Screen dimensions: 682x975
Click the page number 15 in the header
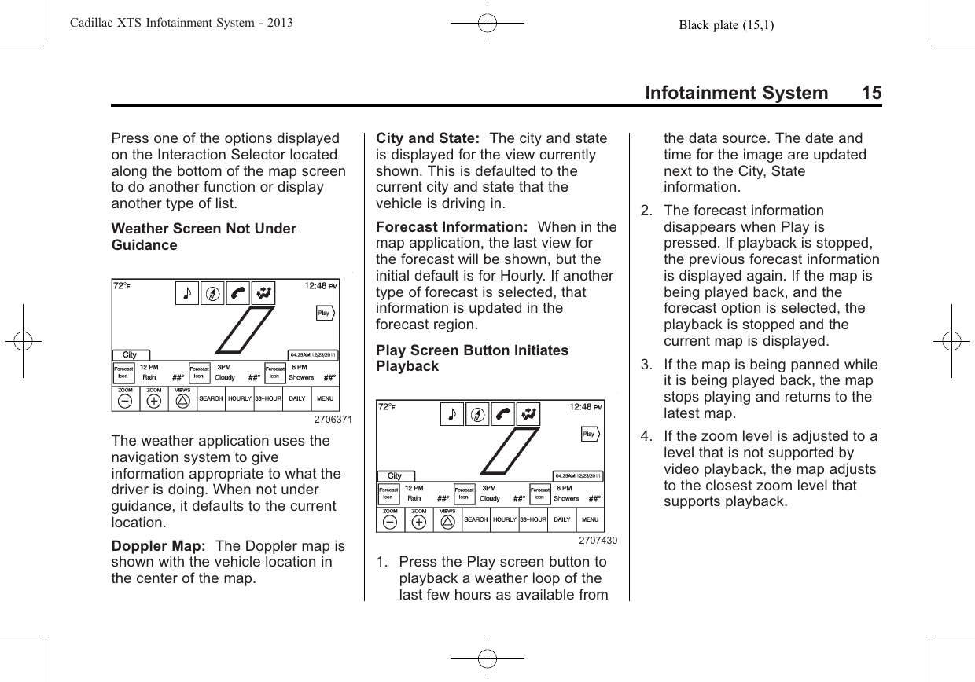(870, 93)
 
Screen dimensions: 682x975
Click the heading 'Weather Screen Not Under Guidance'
(204, 236)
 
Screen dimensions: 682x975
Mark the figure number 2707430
(598, 541)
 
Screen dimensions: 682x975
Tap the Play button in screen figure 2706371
(325, 313)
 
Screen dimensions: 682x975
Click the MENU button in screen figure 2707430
(590, 519)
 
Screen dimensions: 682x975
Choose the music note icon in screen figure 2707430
(451, 414)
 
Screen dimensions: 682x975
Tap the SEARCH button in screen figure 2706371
(211, 399)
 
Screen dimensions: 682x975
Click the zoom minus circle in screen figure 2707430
(391, 522)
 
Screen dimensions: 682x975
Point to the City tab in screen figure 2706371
(130, 355)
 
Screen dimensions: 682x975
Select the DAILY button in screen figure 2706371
(296, 399)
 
